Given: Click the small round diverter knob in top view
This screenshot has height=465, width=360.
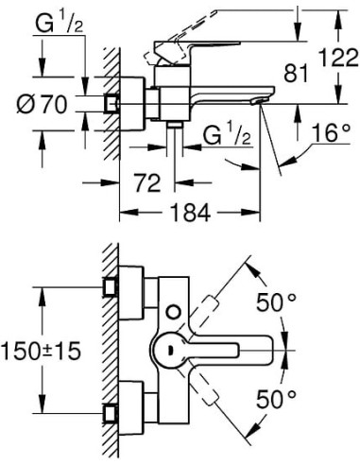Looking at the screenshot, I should point(171,312).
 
